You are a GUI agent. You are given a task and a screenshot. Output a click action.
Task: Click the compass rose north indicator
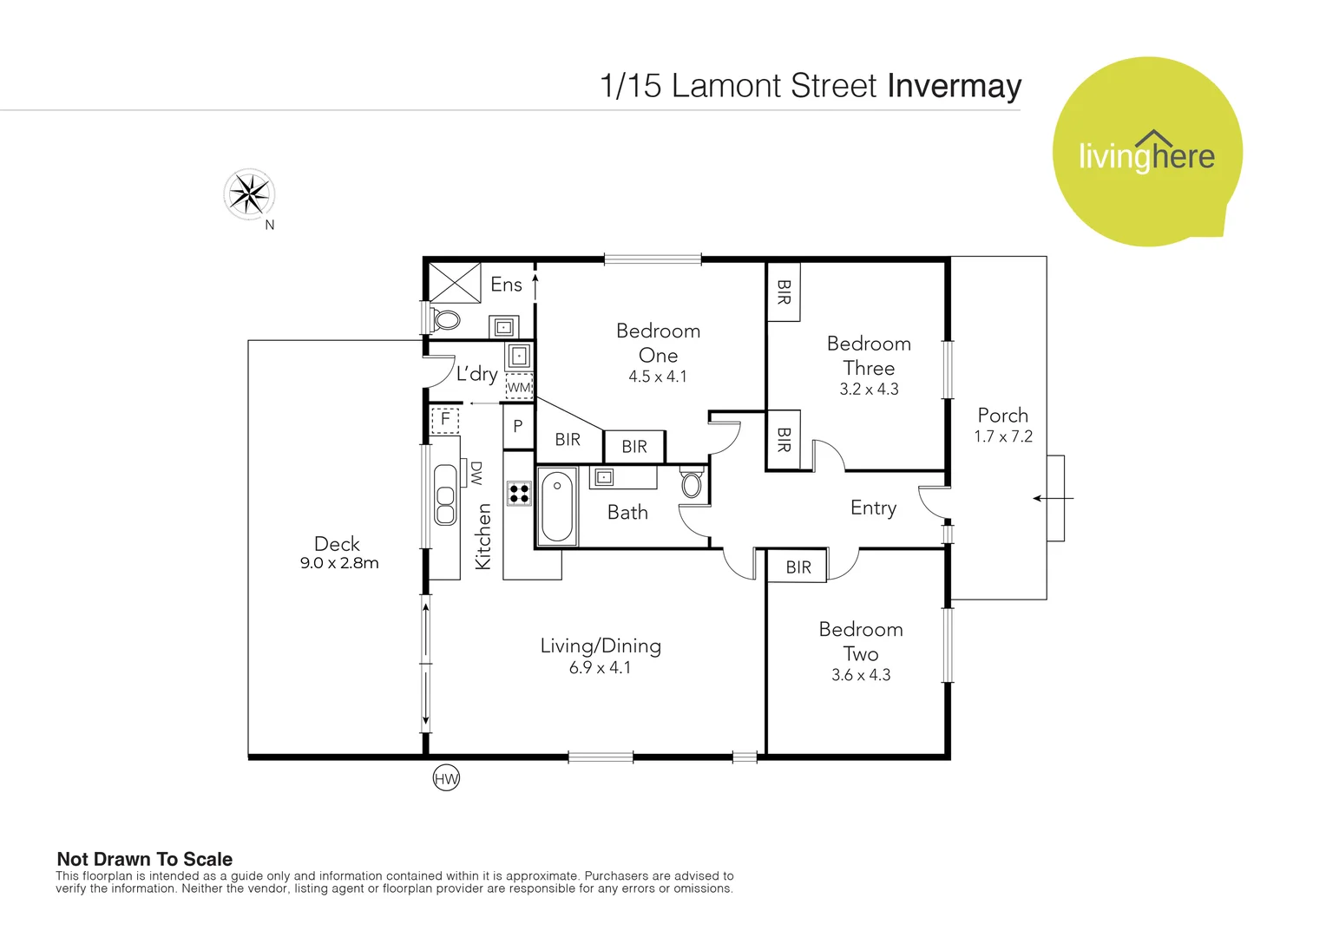[x=249, y=193]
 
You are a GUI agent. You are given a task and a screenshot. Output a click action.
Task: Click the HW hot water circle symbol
[x=446, y=778]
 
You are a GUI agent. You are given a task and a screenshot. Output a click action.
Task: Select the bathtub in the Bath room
[x=557, y=507]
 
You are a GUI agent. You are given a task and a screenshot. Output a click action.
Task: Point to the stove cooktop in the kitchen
[x=519, y=494]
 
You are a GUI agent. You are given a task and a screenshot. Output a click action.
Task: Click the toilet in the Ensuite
[x=445, y=319]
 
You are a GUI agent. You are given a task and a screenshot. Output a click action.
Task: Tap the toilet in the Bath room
[x=692, y=483]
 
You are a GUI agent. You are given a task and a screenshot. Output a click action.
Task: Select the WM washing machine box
[x=519, y=387]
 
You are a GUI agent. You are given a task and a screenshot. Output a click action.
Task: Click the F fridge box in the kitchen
[x=445, y=420]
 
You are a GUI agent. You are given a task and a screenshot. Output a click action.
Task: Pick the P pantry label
[x=518, y=426]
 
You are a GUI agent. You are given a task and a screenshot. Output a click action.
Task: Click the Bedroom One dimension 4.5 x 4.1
[x=657, y=377]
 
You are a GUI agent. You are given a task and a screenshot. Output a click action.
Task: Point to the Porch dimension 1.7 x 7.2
[x=1002, y=436]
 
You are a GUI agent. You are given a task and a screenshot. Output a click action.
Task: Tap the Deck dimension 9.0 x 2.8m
[x=339, y=563]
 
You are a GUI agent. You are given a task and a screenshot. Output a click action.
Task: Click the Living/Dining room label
[x=600, y=645]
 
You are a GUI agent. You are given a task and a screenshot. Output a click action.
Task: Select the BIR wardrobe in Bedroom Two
[x=798, y=567]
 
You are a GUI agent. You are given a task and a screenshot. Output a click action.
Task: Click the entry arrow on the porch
[x=1052, y=498]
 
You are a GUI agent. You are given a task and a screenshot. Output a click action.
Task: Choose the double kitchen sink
[x=445, y=495]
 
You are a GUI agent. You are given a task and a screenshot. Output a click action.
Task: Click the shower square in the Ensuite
[x=455, y=283]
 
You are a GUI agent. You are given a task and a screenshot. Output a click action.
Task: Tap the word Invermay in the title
[x=954, y=86]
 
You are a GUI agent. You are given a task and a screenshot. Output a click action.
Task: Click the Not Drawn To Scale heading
[x=144, y=859]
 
